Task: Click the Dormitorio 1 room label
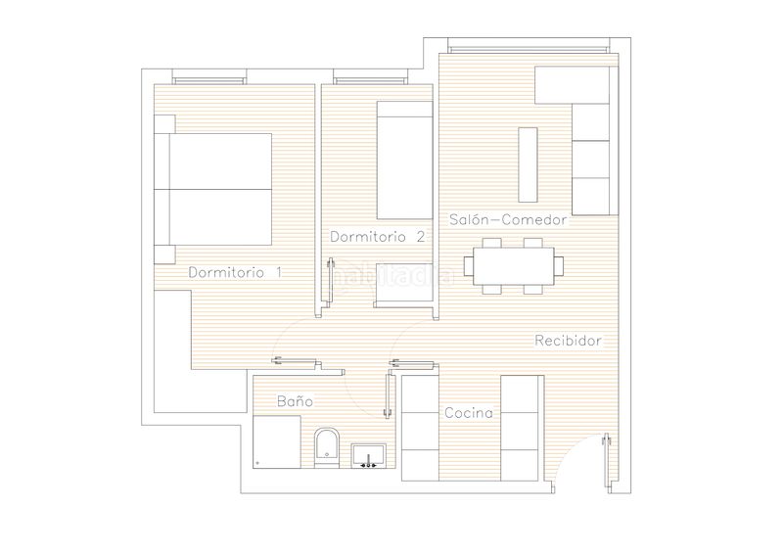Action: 235,272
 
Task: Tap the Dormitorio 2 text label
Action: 378,236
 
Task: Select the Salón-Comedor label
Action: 508,219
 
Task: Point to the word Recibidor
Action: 568,341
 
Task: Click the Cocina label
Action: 469,413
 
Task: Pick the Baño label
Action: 296,401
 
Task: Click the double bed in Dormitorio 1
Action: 213,189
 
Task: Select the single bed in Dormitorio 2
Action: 404,161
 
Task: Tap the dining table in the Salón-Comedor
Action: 513,266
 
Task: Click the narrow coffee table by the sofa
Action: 528,164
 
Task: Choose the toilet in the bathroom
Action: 327,447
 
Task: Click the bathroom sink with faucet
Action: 369,455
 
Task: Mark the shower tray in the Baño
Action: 277,442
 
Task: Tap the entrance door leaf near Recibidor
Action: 607,460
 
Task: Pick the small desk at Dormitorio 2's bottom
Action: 403,283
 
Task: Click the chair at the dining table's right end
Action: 559,266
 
